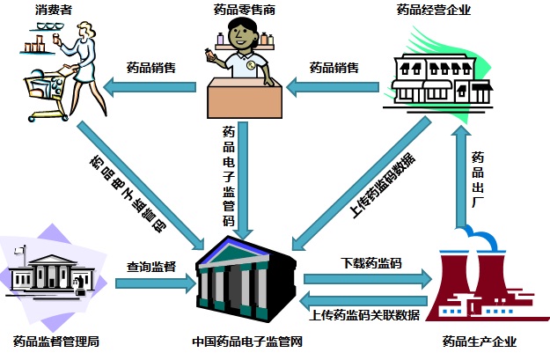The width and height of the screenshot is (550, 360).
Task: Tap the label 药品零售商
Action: point(246,11)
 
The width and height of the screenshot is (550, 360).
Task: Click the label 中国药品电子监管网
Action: point(246,342)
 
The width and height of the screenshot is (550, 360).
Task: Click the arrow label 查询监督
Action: point(151,265)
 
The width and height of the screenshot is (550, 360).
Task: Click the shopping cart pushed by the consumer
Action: point(40,92)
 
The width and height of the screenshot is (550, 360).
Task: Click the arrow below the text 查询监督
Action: point(154,284)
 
